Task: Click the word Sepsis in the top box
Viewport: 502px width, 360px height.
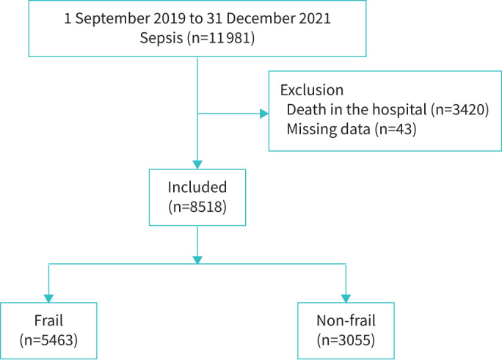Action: point(161,38)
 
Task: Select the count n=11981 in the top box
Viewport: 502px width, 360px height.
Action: point(221,38)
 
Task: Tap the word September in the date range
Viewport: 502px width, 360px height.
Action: point(112,18)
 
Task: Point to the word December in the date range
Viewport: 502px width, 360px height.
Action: point(261,18)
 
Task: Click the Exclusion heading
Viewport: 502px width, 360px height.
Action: point(312,90)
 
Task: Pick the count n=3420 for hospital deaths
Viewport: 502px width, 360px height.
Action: point(459,110)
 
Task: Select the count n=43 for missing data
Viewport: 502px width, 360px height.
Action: point(396,129)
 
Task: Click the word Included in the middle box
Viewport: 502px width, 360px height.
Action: point(197,187)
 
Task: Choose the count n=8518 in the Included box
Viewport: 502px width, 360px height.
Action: point(197,207)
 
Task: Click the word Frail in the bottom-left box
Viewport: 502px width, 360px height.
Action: point(48,320)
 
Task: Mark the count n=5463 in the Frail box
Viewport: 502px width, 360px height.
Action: point(48,340)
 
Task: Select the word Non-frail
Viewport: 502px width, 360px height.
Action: point(346,320)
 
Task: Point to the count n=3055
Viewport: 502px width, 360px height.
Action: point(346,340)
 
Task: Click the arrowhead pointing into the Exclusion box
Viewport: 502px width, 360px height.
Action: point(264,114)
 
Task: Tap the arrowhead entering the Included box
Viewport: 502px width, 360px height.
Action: point(197,165)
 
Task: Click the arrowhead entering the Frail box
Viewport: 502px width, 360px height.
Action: point(48,298)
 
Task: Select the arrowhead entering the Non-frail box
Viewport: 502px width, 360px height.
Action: point(346,298)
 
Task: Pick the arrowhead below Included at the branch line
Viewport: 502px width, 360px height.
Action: point(197,260)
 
